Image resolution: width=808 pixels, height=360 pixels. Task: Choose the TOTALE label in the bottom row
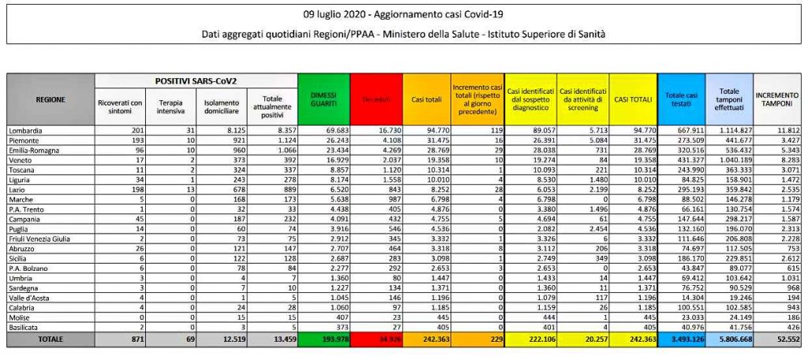(x=50, y=339)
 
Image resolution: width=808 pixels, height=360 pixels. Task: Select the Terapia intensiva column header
(x=171, y=106)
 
